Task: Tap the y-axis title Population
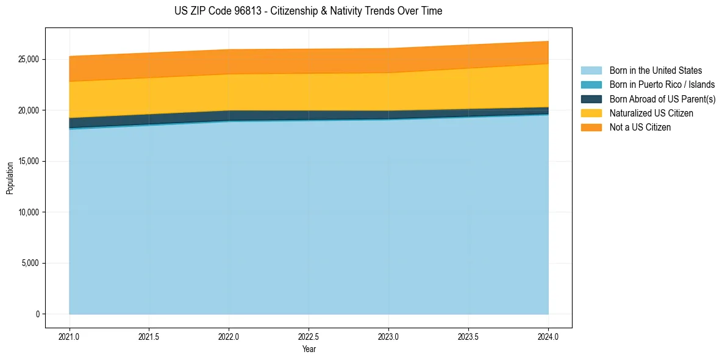10,178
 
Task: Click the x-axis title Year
309,349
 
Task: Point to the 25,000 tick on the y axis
29,59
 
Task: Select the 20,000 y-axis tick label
29,110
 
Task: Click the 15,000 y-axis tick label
29,161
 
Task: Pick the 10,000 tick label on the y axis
29,212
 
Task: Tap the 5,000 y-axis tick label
30,263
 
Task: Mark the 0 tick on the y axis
37,314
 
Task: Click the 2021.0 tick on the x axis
69,336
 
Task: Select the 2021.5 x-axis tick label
149,336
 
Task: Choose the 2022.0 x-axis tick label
229,336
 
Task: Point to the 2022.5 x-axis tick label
309,336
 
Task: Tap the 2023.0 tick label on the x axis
388,336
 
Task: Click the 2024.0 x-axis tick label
548,336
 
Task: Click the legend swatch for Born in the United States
591,71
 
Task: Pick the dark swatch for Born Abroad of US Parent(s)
591,99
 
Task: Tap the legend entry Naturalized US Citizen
651,113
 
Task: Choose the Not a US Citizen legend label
640,128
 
